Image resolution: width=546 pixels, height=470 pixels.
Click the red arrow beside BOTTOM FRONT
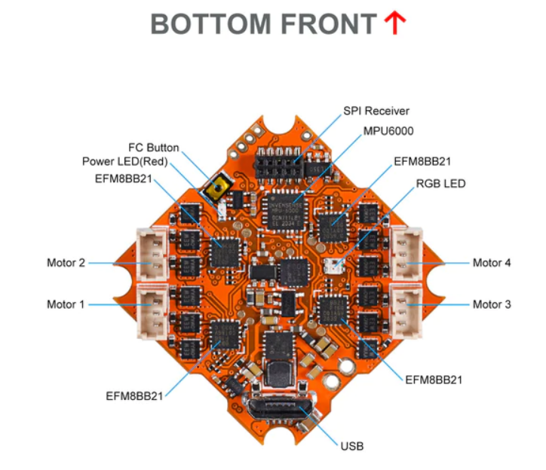point(395,23)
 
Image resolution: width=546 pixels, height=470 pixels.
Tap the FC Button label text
point(154,148)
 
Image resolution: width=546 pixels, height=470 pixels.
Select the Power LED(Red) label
point(125,161)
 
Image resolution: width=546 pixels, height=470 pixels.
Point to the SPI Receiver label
point(376,111)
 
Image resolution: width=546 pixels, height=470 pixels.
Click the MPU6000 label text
point(388,131)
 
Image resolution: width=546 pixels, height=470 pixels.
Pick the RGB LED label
point(440,183)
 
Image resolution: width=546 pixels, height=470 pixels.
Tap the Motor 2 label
point(66,263)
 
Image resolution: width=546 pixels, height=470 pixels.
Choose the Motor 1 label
point(66,304)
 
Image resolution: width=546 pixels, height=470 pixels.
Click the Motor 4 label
point(492,263)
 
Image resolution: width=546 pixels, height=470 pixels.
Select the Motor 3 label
point(492,304)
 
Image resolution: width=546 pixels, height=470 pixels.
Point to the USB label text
point(351,447)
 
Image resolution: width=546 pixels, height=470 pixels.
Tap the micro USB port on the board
point(278,410)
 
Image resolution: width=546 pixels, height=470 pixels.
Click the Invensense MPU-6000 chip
point(285,211)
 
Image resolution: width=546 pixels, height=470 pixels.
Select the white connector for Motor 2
point(152,254)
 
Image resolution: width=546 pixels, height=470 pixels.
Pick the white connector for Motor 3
point(406,311)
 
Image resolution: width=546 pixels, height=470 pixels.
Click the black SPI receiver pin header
point(278,163)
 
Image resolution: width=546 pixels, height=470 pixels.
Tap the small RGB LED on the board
point(333,266)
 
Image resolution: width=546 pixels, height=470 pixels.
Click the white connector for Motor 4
point(406,254)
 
